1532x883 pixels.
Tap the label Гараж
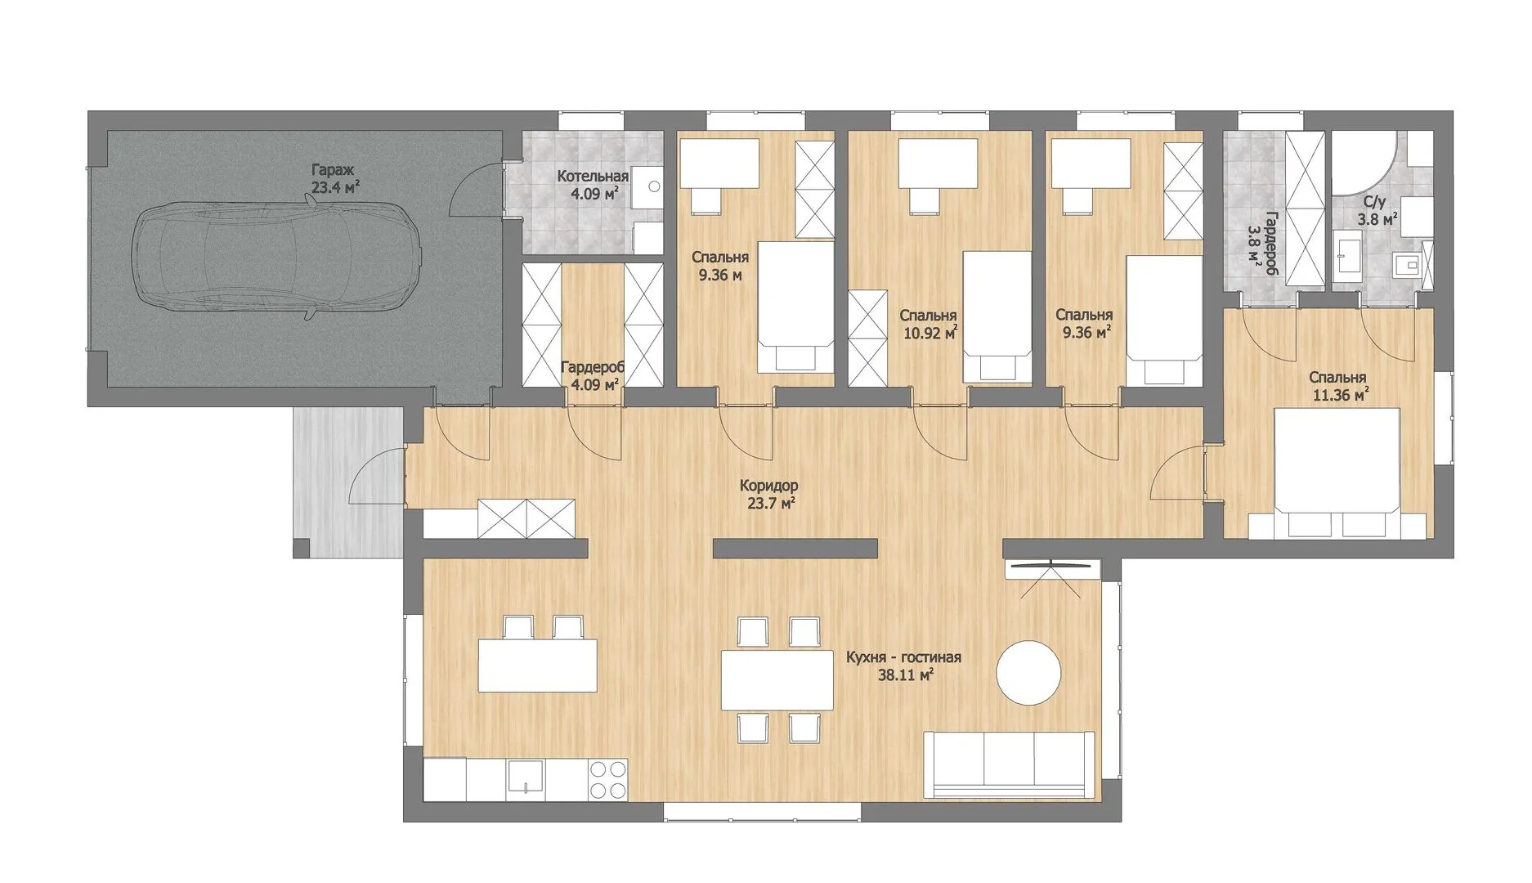point(333,170)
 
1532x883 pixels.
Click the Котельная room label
point(593,176)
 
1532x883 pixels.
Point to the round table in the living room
point(1028,672)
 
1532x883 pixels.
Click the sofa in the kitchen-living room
point(1009,764)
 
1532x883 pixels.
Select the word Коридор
point(768,485)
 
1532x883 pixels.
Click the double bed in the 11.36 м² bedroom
point(1337,473)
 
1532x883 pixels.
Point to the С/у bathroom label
point(1375,202)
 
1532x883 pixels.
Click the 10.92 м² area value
point(930,333)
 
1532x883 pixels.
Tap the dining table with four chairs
point(777,679)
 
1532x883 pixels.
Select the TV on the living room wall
point(1052,566)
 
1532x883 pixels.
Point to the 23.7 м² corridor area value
point(771,504)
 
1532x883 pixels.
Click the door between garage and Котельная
point(477,190)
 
